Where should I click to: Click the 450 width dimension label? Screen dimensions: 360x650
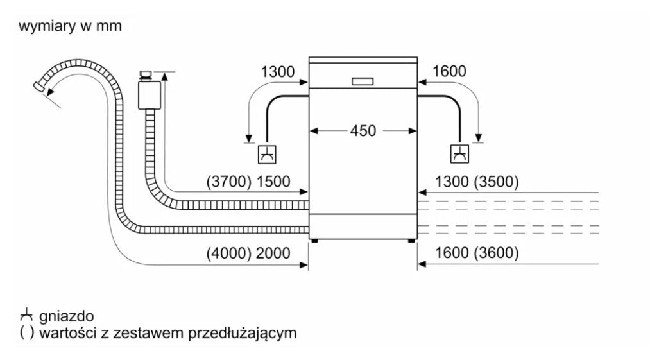tap(363, 131)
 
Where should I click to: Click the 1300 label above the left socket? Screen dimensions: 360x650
tap(278, 72)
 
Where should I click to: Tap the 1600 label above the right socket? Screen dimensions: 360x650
tap(449, 72)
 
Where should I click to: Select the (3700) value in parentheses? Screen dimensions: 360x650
tap(228, 182)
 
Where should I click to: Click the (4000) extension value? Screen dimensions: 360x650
tap(228, 253)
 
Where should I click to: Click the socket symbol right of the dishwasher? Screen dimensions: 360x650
tap(459, 154)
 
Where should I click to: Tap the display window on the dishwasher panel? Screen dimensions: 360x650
tap(363, 81)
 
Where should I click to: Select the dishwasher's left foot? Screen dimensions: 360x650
tap(313, 241)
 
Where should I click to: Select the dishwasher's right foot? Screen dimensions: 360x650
tap(411, 241)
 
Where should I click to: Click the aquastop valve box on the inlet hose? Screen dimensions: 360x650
tap(149, 94)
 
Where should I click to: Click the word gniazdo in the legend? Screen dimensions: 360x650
tap(66, 316)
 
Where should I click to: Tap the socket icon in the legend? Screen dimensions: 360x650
tap(26, 316)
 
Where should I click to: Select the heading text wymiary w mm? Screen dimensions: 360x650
tap(70, 27)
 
